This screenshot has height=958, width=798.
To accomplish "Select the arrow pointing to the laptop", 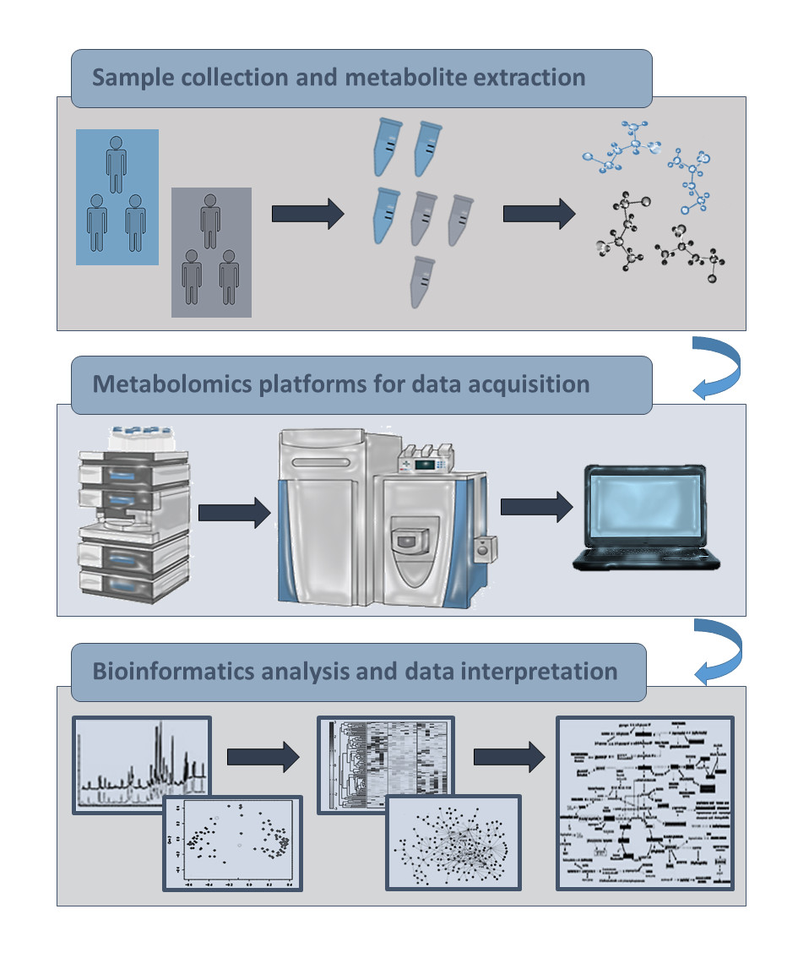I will [535, 506].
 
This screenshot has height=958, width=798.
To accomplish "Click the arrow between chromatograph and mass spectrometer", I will [234, 511].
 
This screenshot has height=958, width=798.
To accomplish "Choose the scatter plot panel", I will [233, 842].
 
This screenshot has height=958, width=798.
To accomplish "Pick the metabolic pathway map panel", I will [645, 803].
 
